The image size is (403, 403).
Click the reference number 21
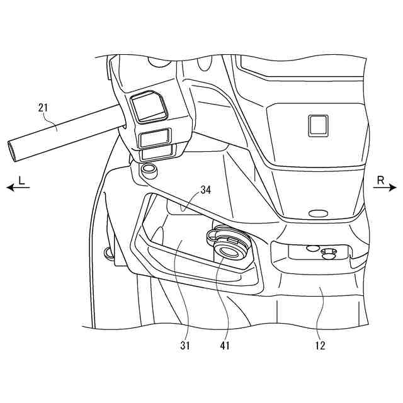43,107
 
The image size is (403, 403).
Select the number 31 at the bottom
185,345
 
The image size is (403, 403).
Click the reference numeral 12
321,345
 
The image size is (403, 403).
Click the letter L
21,180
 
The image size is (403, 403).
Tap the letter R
381,180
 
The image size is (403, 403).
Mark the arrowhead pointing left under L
9,188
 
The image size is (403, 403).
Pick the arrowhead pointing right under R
394,188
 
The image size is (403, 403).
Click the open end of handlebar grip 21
13,150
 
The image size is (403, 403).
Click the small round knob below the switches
149,169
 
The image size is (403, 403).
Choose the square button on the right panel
317,125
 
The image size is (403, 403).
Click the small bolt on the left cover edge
109,253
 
